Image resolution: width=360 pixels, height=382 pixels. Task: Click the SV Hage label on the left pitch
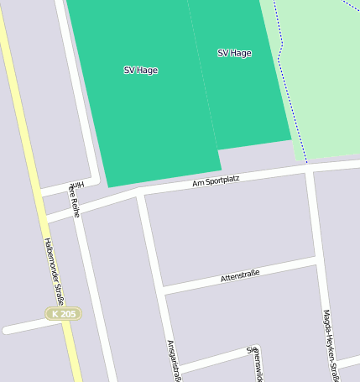[x=140, y=71]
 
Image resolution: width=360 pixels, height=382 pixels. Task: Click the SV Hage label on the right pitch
[x=234, y=53]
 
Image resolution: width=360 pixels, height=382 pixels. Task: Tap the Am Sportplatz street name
[x=216, y=181]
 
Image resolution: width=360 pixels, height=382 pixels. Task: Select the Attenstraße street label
[x=239, y=275]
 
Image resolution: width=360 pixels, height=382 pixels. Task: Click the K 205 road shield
[x=63, y=314]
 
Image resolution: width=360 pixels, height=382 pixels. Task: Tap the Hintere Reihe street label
[x=76, y=199]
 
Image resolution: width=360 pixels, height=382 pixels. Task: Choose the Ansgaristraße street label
[x=174, y=359]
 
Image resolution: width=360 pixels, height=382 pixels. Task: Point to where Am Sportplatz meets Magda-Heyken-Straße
[x=309, y=168]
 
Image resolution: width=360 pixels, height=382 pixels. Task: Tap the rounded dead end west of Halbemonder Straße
[x=7, y=329]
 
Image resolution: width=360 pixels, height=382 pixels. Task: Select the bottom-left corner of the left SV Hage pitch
[x=108, y=186]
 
